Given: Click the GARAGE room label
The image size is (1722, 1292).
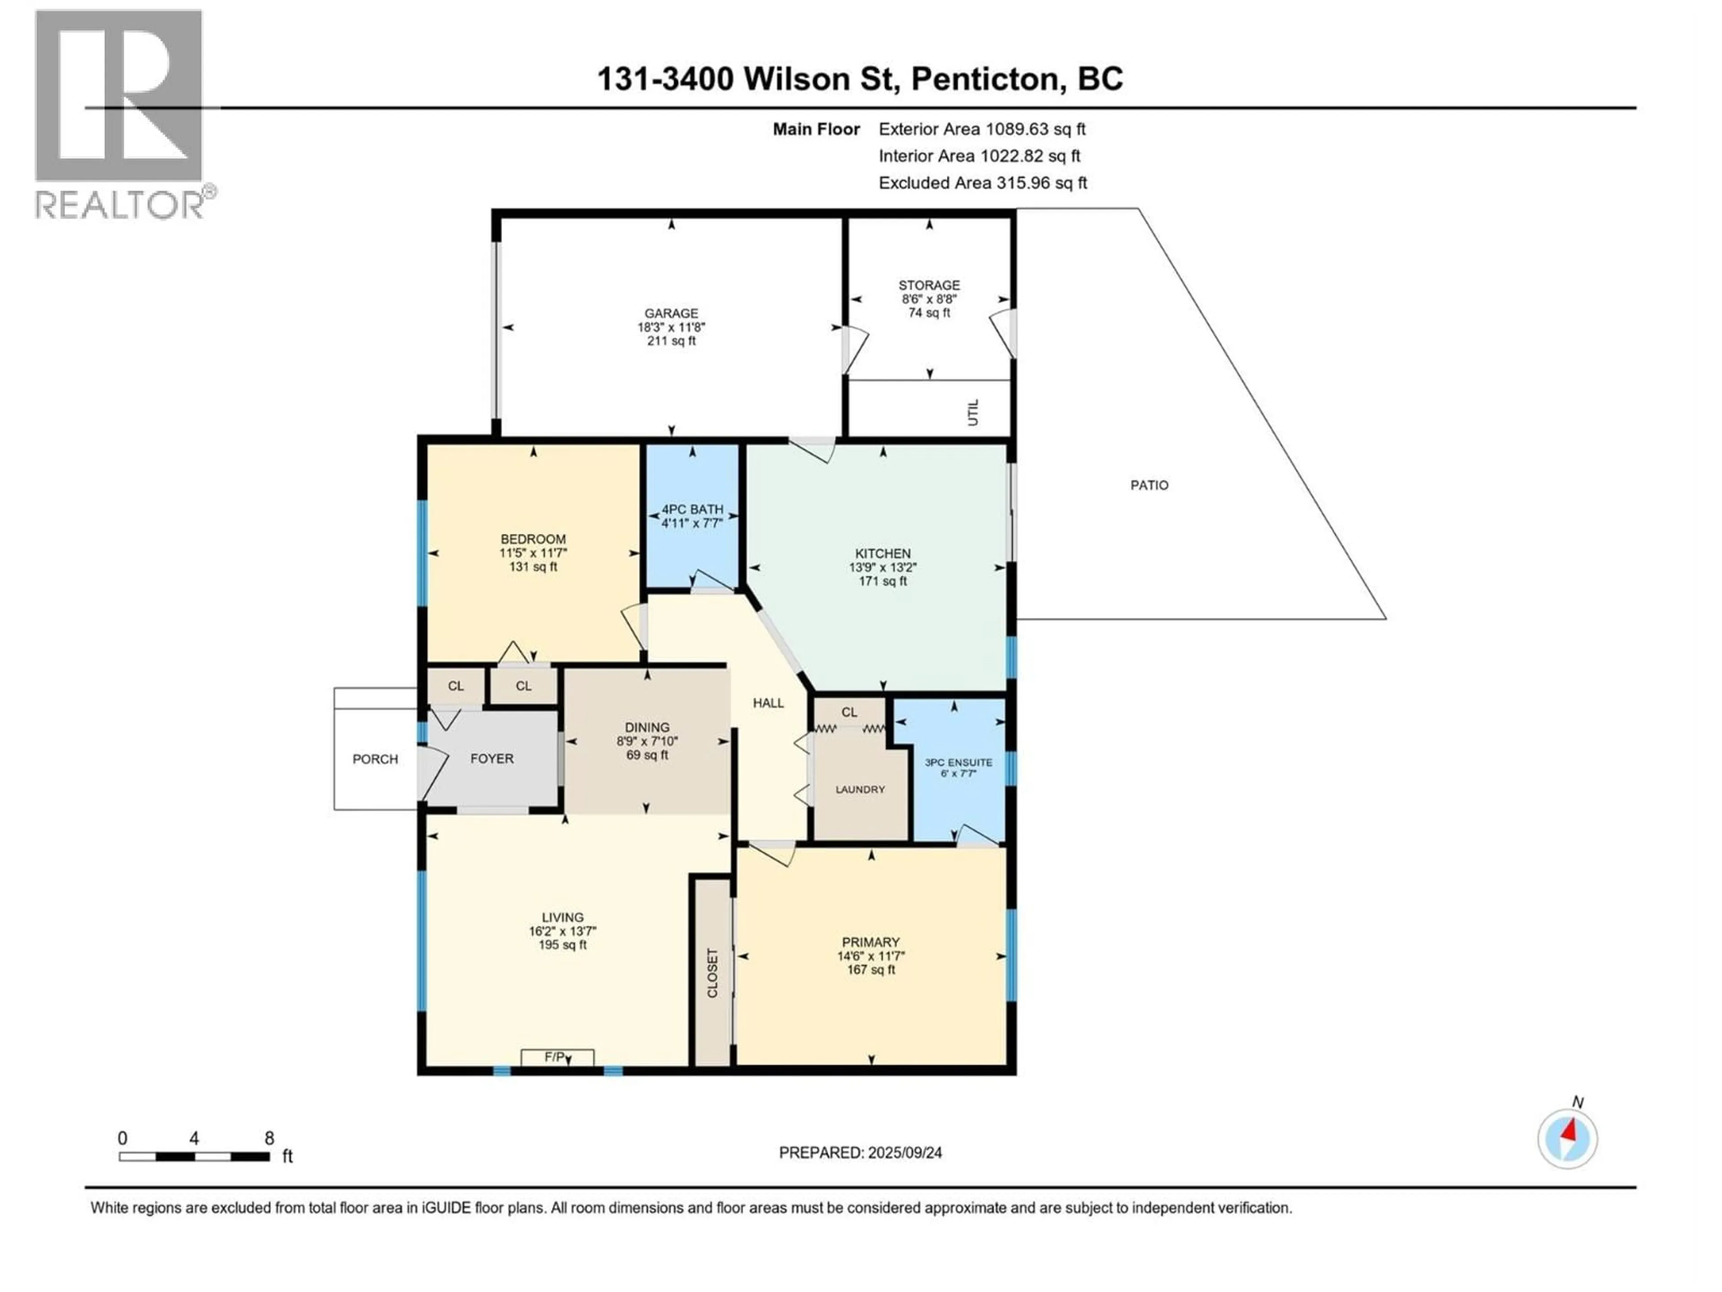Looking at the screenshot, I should point(671,313).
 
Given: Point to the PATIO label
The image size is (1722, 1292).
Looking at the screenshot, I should point(1149,485).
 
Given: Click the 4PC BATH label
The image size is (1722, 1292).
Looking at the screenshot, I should point(692,509).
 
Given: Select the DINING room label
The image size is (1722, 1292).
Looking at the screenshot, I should point(647,727).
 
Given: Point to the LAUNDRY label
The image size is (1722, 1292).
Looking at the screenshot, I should point(860,790).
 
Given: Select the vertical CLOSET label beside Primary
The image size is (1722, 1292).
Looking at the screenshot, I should point(712,973).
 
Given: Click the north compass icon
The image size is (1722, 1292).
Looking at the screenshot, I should point(1567,1139).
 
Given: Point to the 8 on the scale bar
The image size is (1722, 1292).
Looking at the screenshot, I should point(270,1139).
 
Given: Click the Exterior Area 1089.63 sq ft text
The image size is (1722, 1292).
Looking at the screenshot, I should point(982,129).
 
